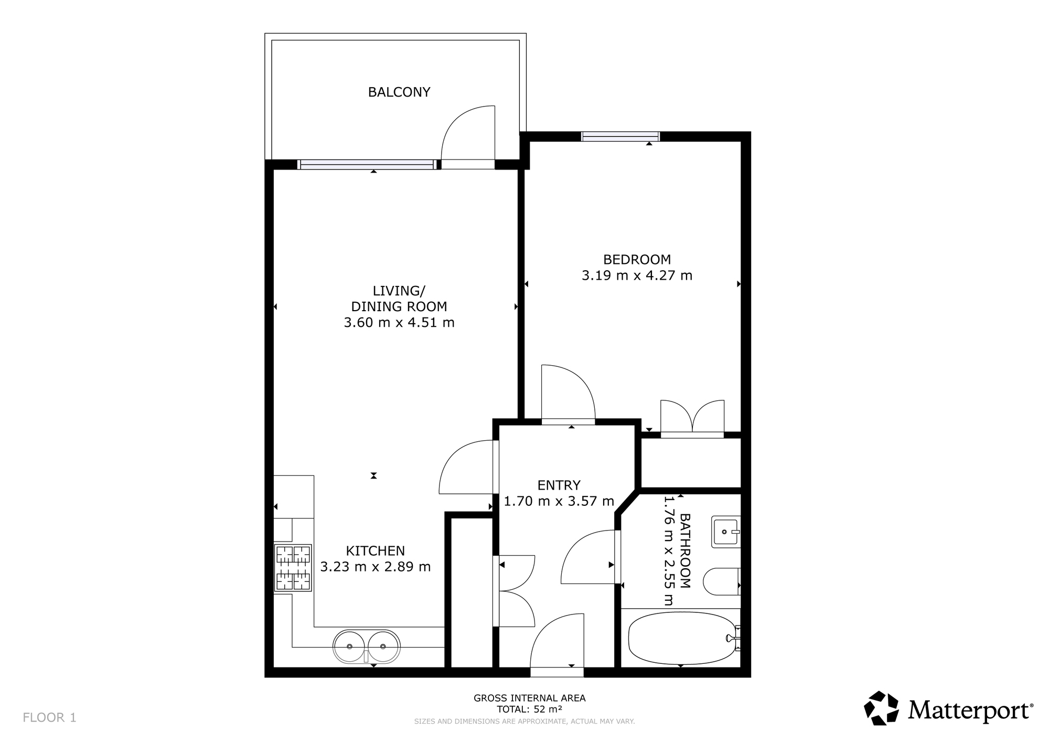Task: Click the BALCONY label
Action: click(x=399, y=92)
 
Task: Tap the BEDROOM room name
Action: click(x=637, y=259)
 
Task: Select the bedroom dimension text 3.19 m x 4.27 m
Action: click(x=637, y=275)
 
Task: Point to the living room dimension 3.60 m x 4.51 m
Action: click(x=399, y=322)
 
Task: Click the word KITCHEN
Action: click(x=376, y=551)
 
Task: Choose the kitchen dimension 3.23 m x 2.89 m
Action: click(x=376, y=567)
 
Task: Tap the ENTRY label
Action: click(x=559, y=485)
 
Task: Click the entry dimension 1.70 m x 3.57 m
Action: click(x=559, y=501)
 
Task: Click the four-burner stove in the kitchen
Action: click(x=293, y=568)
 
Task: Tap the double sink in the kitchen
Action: click(x=367, y=646)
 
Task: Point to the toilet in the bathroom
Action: click(x=721, y=581)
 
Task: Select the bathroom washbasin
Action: click(x=726, y=532)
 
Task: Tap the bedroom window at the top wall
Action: click(x=620, y=136)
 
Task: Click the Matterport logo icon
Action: click(x=882, y=708)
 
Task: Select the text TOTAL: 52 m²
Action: click(x=530, y=709)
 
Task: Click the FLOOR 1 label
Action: click(x=50, y=718)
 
